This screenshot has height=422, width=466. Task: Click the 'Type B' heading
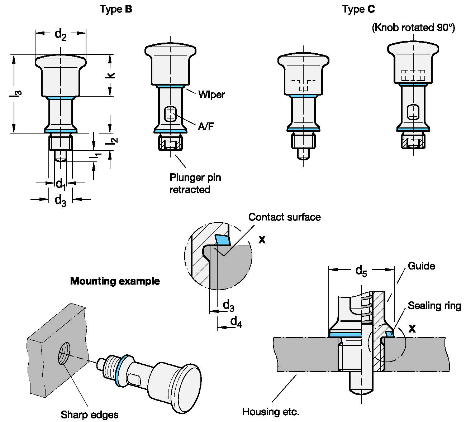click(x=116, y=9)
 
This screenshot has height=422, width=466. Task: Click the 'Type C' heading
click(x=358, y=9)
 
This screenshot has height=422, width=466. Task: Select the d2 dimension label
click(x=61, y=34)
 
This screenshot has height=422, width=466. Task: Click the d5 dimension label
click(x=361, y=271)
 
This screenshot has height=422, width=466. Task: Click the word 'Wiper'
click(x=211, y=94)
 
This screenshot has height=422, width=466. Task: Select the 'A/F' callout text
click(x=206, y=126)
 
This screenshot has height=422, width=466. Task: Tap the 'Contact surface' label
click(x=284, y=217)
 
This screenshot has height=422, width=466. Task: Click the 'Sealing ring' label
click(x=434, y=306)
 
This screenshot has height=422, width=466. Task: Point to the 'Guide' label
click(x=421, y=266)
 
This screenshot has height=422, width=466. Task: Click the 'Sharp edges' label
click(x=90, y=414)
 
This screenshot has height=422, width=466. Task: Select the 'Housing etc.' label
click(x=271, y=412)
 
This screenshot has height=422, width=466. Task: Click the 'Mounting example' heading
click(x=115, y=281)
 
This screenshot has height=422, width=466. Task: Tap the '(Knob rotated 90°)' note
click(x=413, y=28)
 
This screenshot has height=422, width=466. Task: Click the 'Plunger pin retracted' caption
click(x=195, y=183)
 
